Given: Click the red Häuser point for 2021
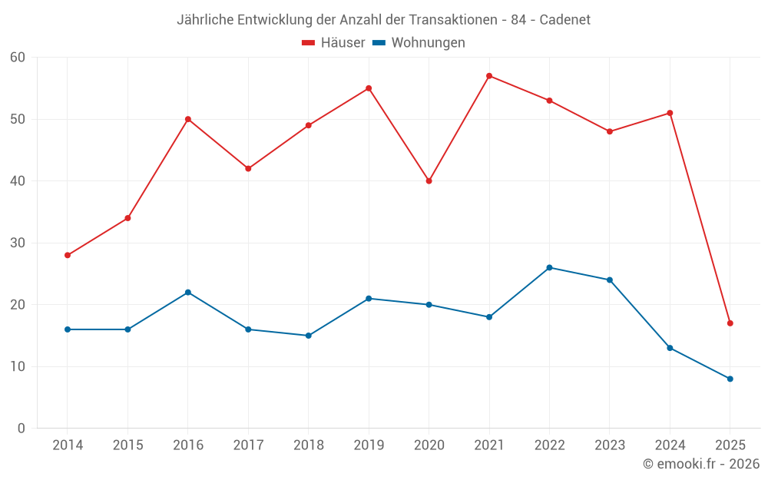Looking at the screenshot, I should [x=489, y=76].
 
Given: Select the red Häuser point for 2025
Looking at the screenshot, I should [x=730, y=323].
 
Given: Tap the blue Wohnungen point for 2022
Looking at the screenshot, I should [x=549, y=267].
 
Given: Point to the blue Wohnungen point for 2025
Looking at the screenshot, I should [x=730, y=379].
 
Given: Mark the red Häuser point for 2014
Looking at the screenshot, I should [x=68, y=255].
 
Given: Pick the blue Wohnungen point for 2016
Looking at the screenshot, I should [x=188, y=293].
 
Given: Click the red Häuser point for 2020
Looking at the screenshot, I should [x=429, y=181].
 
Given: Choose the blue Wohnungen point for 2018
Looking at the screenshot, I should [x=308, y=336].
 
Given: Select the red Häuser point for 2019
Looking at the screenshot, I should [x=369, y=88].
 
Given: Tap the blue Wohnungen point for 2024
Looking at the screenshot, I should [x=670, y=348].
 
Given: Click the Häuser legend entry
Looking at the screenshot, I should [x=334, y=43].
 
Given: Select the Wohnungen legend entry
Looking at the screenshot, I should [x=419, y=43].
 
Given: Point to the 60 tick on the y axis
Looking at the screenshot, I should [x=18, y=58].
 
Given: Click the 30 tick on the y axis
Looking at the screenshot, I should [x=18, y=243].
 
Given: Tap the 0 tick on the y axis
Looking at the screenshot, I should [x=22, y=429].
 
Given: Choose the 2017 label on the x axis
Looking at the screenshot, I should [x=248, y=445].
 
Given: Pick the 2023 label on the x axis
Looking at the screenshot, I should [x=609, y=445].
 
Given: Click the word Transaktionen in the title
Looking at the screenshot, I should [x=446, y=19].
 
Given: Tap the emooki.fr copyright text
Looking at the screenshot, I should [x=701, y=464].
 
